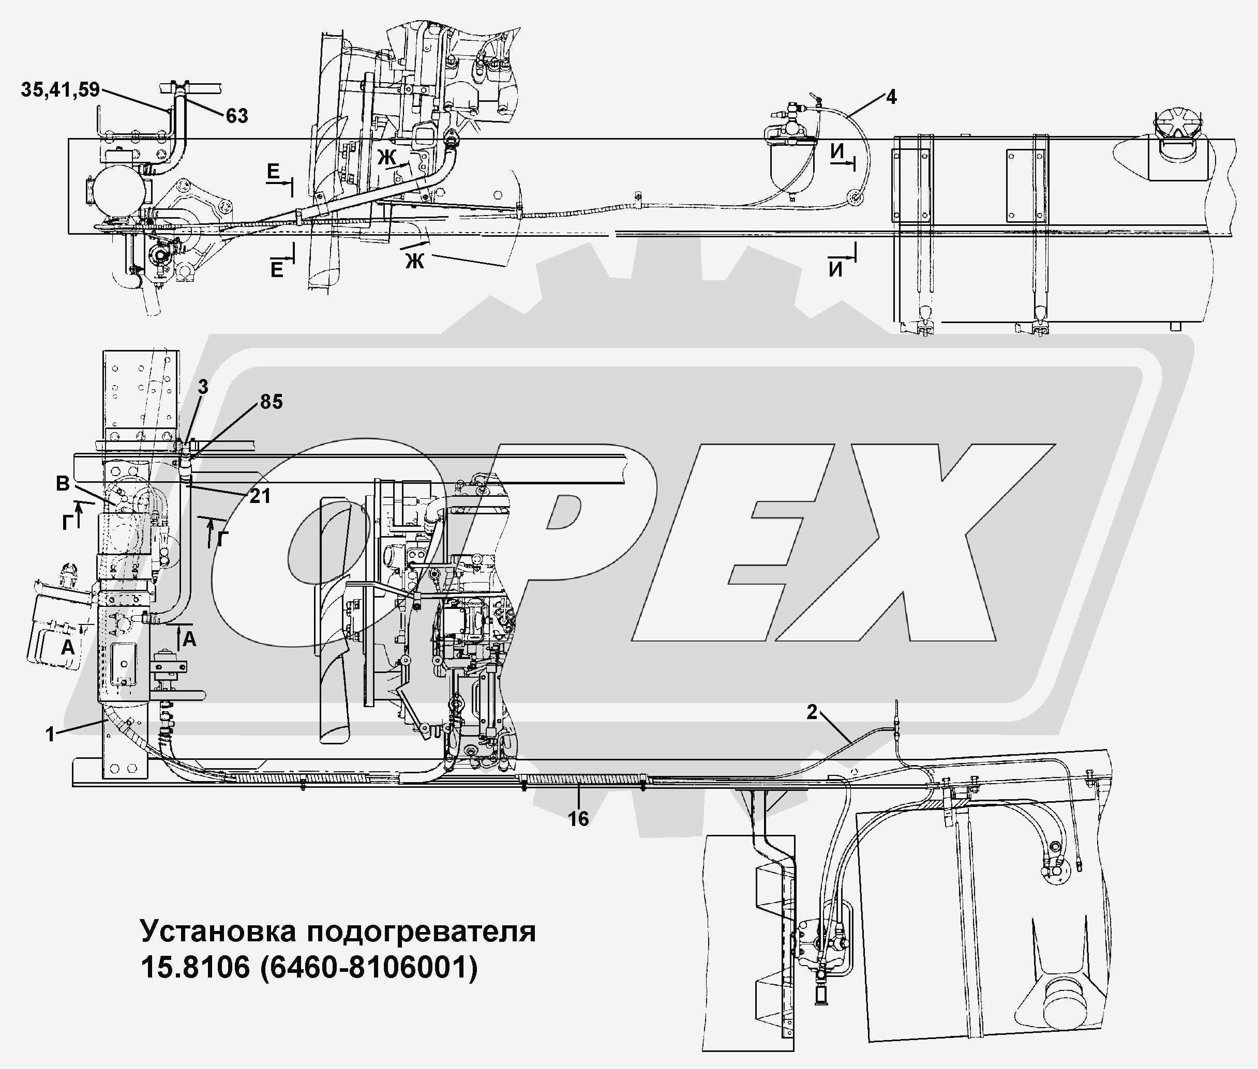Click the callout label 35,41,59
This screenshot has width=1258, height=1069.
[x=60, y=90]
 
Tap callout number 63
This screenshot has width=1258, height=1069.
[x=237, y=116]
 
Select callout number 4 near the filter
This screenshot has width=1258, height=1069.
[x=891, y=97]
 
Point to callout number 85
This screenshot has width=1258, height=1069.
[x=271, y=401]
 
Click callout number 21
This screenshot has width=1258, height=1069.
[x=260, y=496]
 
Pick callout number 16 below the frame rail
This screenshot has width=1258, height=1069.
[x=578, y=819]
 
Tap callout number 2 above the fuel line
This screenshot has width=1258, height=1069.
[x=812, y=712]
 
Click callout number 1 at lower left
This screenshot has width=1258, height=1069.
[x=50, y=735]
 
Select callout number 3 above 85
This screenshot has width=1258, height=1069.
[x=203, y=387]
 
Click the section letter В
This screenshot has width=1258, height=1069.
[x=63, y=484]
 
